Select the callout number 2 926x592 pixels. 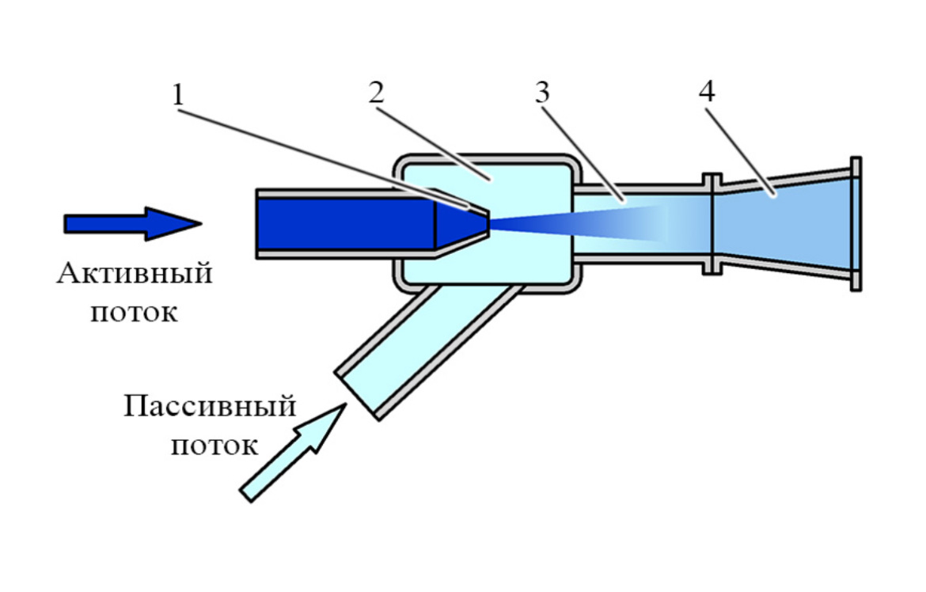(374, 93)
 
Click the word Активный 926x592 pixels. (135, 275)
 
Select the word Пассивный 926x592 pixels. (210, 408)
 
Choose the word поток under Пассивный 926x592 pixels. (214, 445)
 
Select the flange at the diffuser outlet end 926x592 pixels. (855, 224)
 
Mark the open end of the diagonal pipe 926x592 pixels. (358, 393)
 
